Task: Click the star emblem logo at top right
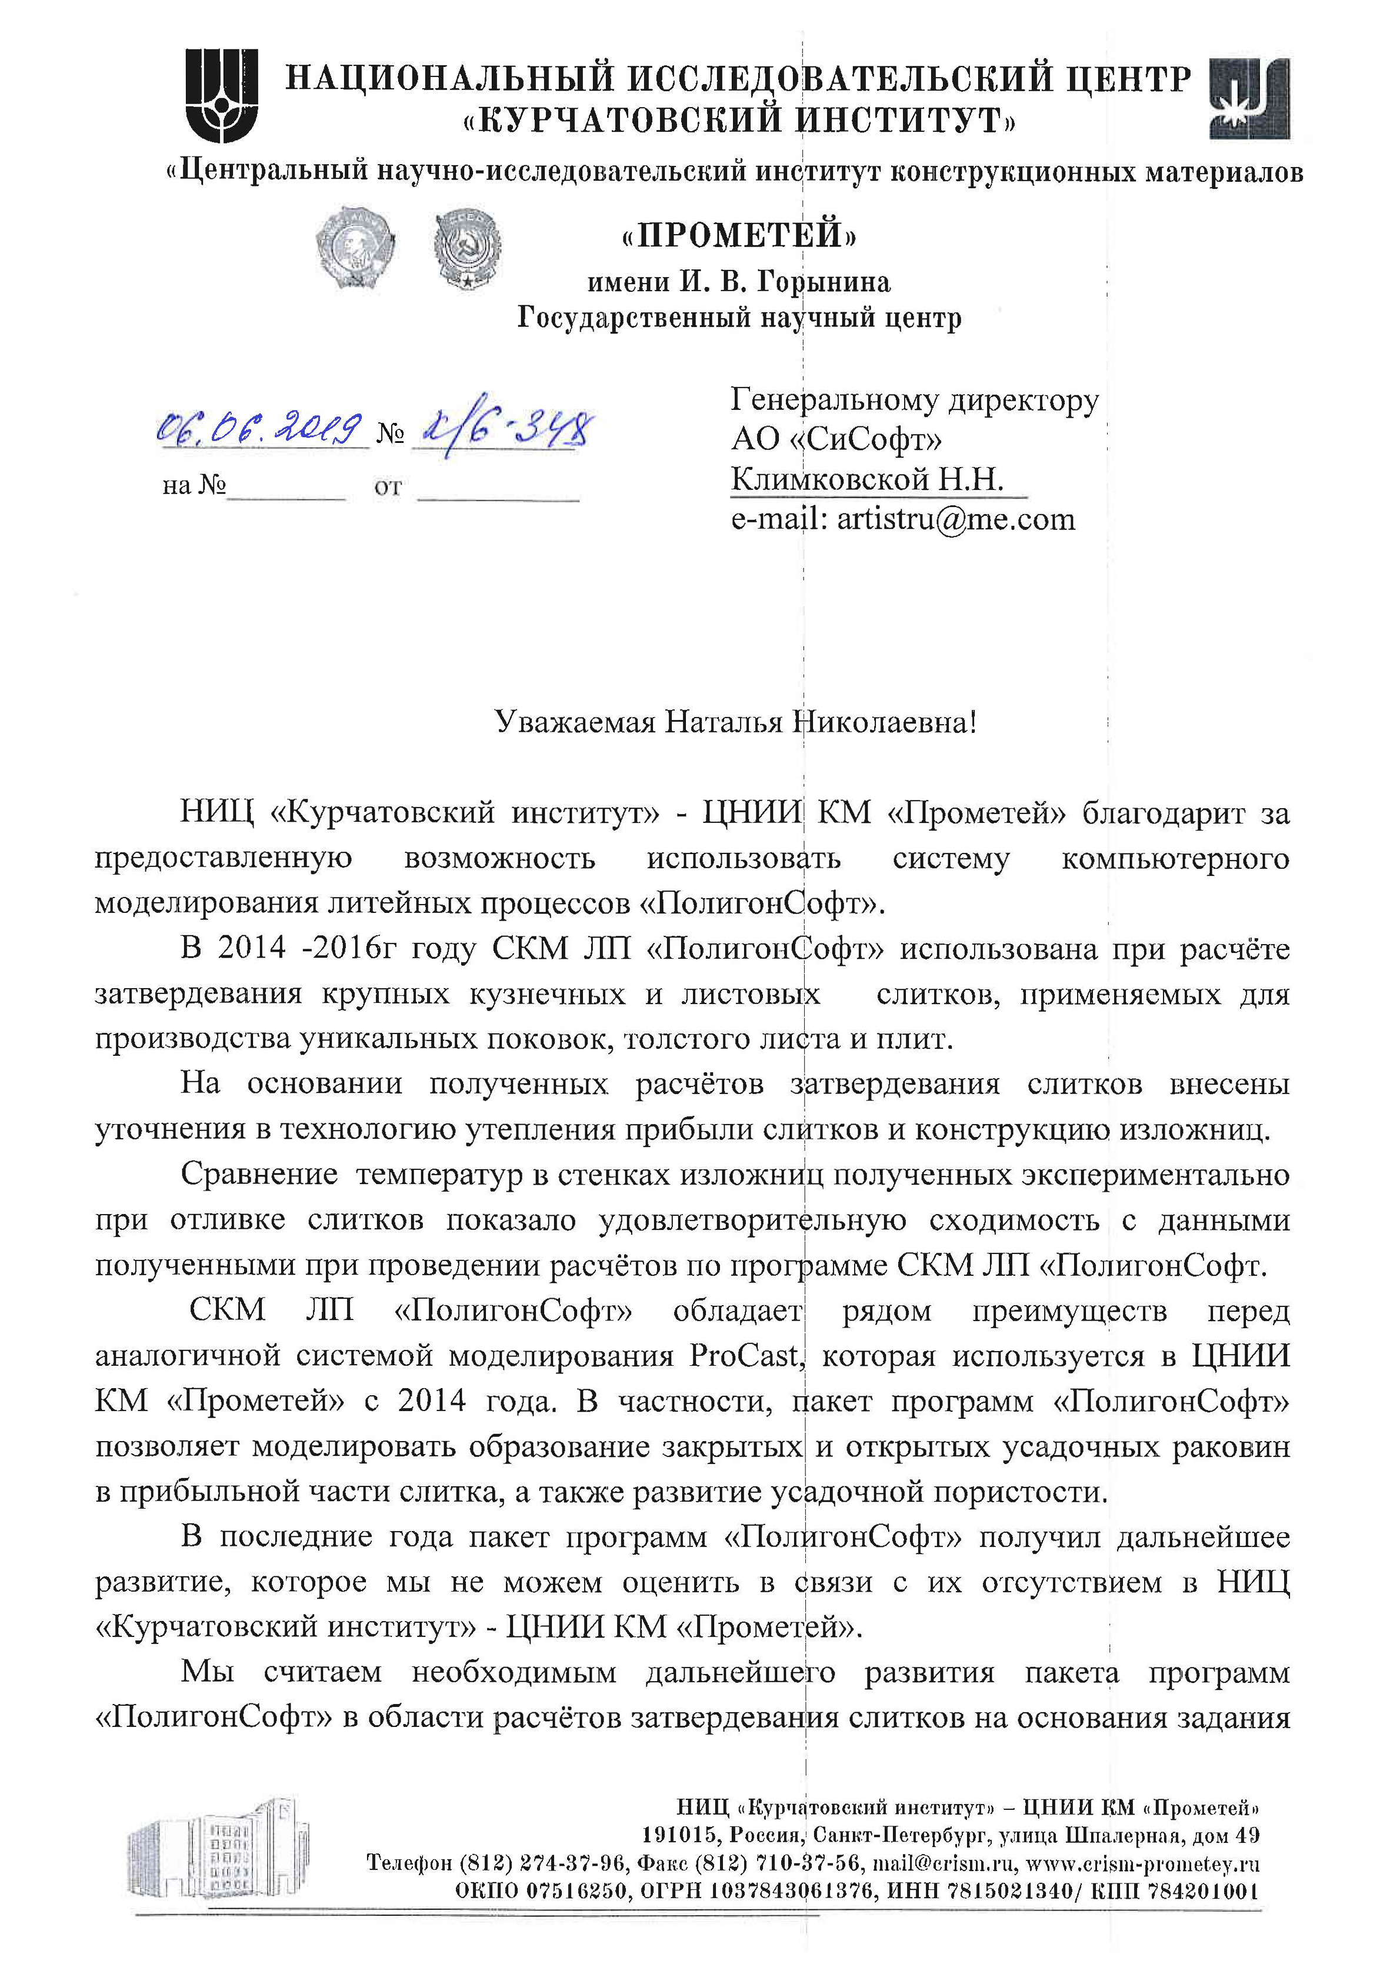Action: [x=1251, y=98]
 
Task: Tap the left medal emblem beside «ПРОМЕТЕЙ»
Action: [x=354, y=246]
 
